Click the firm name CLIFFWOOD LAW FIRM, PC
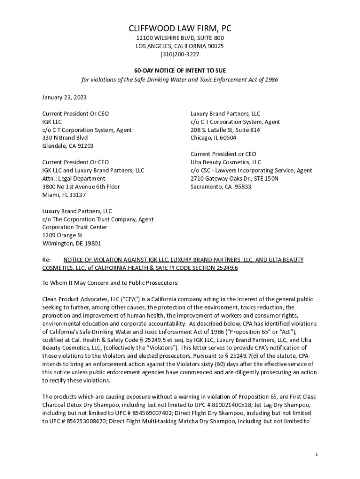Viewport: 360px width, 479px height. (180, 29)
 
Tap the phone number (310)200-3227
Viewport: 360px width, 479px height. (180, 54)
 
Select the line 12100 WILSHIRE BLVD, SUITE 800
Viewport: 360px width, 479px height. (180, 38)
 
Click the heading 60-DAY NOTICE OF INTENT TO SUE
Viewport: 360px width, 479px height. (180, 71)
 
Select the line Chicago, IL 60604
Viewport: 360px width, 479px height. (213, 138)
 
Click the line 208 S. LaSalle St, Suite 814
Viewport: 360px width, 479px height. (225, 130)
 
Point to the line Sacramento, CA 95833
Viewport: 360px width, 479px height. (221, 187)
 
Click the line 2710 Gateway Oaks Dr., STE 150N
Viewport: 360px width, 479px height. (234, 179)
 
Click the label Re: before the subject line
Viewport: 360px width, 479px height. (46, 260)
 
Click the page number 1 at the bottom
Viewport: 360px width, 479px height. (317, 455)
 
